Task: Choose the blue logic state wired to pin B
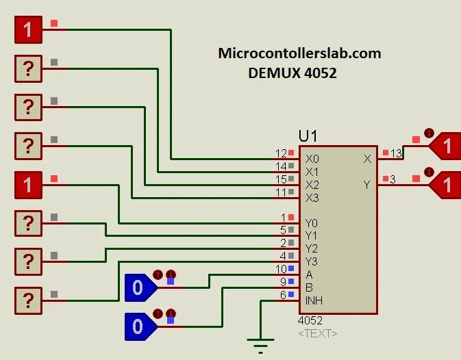tap(140, 326)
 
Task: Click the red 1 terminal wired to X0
tap(28, 29)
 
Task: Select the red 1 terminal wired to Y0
tap(28, 185)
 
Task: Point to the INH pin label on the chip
tap(314, 300)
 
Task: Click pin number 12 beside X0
tap(281, 153)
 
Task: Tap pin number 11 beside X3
tap(281, 192)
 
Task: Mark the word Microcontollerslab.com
tap(299, 53)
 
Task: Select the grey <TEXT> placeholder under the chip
tap(317, 333)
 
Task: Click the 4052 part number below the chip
tap(310, 320)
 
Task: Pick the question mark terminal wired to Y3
tap(28, 300)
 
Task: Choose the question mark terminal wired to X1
tap(28, 68)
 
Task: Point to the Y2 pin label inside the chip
tap(312, 248)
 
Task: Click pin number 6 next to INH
tap(283, 295)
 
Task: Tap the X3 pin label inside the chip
tap(312, 198)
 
